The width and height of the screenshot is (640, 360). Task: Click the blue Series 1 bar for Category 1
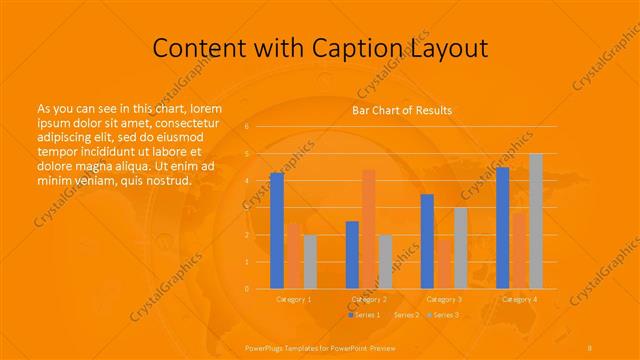[x=277, y=231]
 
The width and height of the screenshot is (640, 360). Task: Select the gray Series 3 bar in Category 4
[x=536, y=221]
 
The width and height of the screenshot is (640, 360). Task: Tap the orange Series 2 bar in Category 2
[x=369, y=229]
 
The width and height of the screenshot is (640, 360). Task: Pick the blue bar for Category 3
[x=427, y=241]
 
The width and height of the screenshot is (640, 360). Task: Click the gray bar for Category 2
[x=386, y=262]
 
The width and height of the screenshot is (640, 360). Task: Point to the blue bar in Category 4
[x=503, y=228]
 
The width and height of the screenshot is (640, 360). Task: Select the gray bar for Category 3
[x=461, y=248]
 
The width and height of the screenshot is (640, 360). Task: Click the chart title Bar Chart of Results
[x=401, y=110]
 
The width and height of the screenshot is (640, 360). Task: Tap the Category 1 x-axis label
[x=293, y=299]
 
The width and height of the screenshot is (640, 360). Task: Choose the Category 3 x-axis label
[x=444, y=299]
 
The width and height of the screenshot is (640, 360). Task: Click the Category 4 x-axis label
[x=519, y=299]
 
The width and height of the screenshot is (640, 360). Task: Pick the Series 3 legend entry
[x=444, y=315]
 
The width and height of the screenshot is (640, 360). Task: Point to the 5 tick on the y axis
[x=247, y=154]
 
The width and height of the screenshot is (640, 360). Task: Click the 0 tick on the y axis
[x=247, y=289]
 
